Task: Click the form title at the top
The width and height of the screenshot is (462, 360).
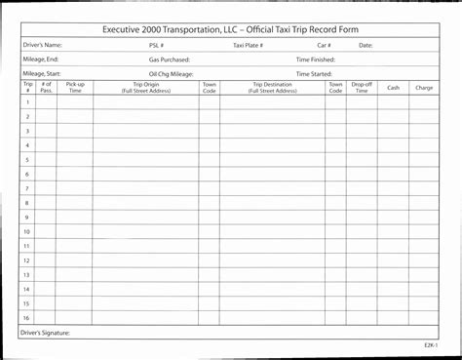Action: (x=230, y=30)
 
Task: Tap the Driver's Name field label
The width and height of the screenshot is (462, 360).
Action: (x=42, y=45)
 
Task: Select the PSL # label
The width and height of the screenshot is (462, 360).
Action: (x=156, y=45)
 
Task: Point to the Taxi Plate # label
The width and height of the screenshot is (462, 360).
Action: (x=249, y=45)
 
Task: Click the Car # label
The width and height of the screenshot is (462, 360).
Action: (x=325, y=45)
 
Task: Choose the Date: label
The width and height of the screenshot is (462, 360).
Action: (x=366, y=45)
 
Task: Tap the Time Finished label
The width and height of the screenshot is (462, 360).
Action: (x=315, y=60)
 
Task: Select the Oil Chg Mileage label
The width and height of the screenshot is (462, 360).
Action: (x=171, y=73)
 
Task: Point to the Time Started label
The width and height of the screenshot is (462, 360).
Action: (x=314, y=73)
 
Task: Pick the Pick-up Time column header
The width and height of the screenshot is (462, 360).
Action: (x=74, y=88)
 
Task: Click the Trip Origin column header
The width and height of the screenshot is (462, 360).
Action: (x=146, y=88)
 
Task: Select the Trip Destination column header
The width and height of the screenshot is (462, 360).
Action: (x=272, y=88)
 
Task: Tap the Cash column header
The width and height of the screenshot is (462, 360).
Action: (x=393, y=88)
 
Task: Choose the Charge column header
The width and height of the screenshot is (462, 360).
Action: (x=424, y=88)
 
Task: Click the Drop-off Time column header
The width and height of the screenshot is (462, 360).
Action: (x=362, y=88)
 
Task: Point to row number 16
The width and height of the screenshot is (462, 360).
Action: (x=27, y=318)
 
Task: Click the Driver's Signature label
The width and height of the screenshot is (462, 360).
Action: (x=45, y=332)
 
